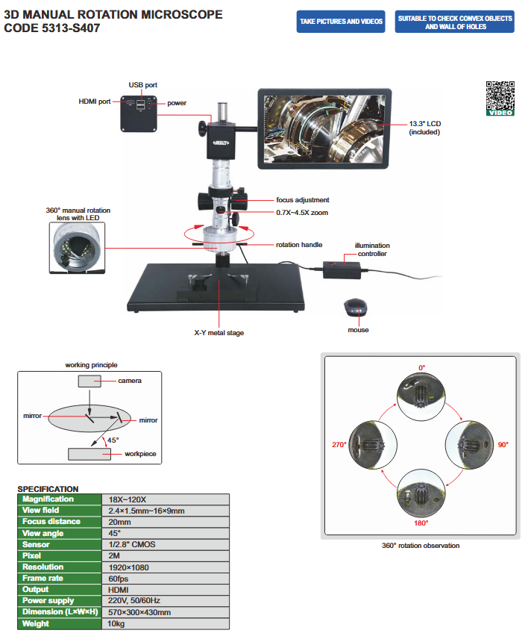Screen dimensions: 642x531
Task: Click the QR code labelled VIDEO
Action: [x=500, y=97]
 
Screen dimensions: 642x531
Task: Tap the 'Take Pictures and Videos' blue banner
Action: [x=342, y=22]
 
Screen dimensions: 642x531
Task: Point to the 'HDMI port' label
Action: [x=95, y=101]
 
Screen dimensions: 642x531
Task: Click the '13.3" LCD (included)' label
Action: [x=424, y=128]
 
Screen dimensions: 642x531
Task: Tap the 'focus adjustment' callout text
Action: [x=302, y=200]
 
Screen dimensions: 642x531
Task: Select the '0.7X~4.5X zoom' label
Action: [x=302, y=213]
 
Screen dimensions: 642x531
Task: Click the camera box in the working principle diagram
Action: [x=89, y=381]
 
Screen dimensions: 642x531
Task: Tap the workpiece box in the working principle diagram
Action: [x=89, y=453]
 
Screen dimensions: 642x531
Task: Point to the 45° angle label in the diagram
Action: [x=113, y=440]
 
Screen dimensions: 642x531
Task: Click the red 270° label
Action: [x=339, y=445]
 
